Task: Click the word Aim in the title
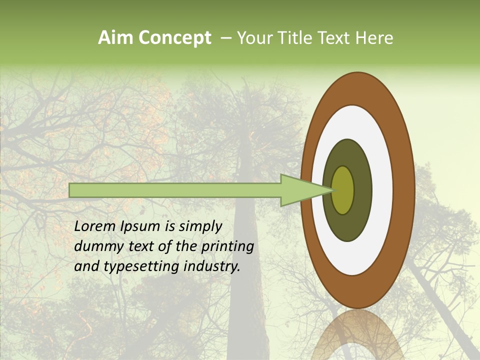pos(114,38)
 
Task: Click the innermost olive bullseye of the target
pos(343,190)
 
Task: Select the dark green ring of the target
pos(362,190)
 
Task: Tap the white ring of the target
pos(382,190)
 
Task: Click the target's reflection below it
pos(357,335)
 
